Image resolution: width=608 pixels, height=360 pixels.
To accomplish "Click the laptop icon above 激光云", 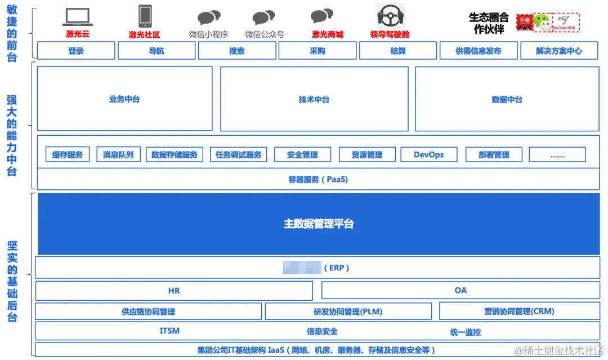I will pyautogui.click(x=77, y=17).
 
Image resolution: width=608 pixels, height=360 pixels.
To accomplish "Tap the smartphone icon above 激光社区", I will pyautogui.click(x=145, y=16).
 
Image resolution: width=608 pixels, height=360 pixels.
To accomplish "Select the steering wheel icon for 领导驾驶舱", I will pyautogui.click(x=390, y=16).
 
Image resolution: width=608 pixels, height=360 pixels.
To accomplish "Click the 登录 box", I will pyautogui.click(x=76, y=51).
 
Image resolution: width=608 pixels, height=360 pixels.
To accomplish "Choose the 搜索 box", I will pyautogui.click(x=237, y=51).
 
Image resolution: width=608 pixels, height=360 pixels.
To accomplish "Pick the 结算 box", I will pyautogui.click(x=398, y=51).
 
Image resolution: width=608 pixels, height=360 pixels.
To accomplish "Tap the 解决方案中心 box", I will pyautogui.click(x=559, y=51).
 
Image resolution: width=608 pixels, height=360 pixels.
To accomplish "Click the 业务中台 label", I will pyautogui.click(x=124, y=99).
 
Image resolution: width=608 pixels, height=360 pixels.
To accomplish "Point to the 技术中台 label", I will pyautogui.click(x=314, y=99).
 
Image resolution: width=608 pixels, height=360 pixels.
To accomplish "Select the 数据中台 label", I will pyautogui.click(x=507, y=99).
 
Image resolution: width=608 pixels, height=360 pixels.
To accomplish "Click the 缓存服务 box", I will pyautogui.click(x=68, y=154).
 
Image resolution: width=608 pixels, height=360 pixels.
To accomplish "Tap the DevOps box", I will pyautogui.click(x=429, y=154).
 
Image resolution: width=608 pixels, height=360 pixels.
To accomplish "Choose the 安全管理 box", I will pyautogui.click(x=302, y=154).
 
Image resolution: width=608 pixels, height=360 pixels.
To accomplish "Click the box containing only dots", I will pyautogui.click(x=557, y=154).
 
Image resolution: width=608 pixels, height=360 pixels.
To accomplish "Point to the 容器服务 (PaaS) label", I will pyautogui.click(x=318, y=180).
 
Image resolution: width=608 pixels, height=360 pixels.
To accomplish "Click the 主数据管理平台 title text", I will pyautogui.click(x=319, y=224).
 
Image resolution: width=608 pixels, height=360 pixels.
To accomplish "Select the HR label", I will pyautogui.click(x=174, y=291).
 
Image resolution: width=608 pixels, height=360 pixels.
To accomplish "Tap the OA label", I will pyautogui.click(x=461, y=291).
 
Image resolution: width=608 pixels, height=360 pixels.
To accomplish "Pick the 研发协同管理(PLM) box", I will pyautogui.click(x=348, y=311).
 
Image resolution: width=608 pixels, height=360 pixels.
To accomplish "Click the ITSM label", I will pyautogui.click(x=169, y=331).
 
